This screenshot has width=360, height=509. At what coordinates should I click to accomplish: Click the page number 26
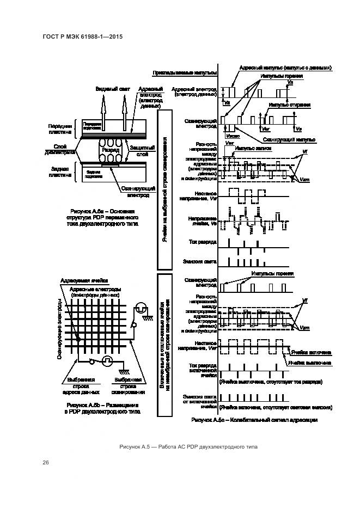(46, 463)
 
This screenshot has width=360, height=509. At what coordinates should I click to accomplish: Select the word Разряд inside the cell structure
(111, 149)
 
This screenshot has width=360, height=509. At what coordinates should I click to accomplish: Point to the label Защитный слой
(142, 150)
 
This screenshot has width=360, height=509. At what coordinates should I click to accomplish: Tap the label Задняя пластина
(60, 172)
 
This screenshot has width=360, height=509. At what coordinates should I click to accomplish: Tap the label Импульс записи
(251, 148)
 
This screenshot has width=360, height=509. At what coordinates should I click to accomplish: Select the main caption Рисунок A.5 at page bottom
(188, 447)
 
